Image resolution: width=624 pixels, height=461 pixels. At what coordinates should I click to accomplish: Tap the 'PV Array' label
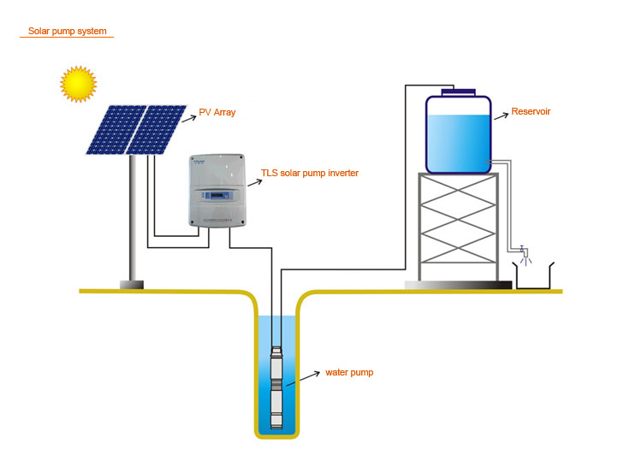pyautogui.click(x=217, y=112)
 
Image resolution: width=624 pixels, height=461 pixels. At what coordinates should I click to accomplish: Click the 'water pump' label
pyautogui.click(x=349, y=373)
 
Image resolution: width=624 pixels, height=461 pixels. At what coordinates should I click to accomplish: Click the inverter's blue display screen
pyautogui.click(x=215, y=198)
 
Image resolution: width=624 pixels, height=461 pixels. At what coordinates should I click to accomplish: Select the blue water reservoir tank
pyautogui.click(x=458, y=137)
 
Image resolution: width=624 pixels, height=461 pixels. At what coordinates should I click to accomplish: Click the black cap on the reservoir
pyautogui.click(x=458, y=91)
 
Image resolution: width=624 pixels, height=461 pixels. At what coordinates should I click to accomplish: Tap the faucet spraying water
pyautogui.click(x=522, y=253)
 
